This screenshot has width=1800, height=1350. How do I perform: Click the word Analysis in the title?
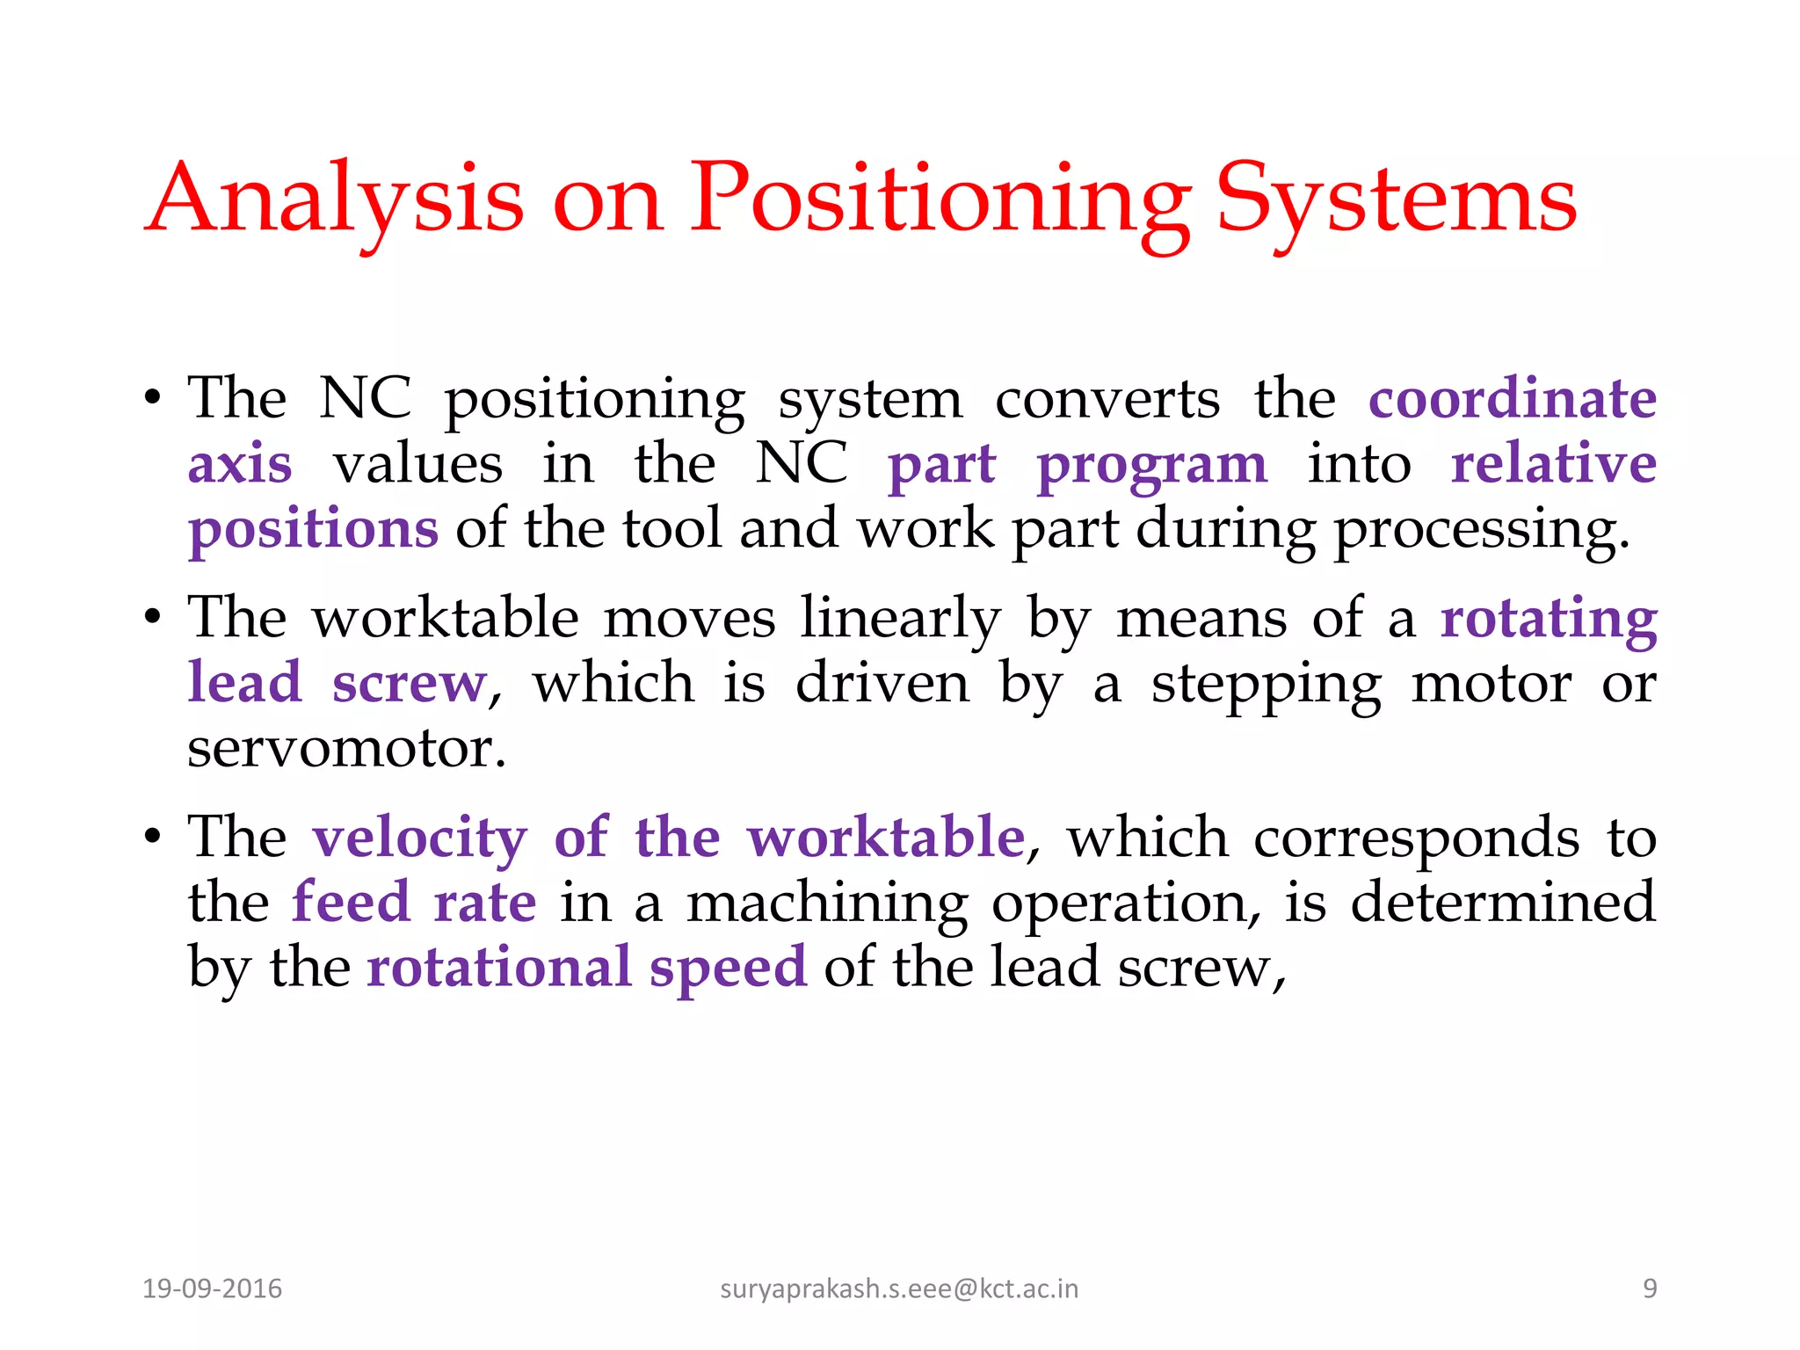click(335, 200)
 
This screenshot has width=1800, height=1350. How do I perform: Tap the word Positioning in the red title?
click(939, 200)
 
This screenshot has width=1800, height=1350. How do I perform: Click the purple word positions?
click(313, 529)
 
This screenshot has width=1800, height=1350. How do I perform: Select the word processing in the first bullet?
click(1481, 531)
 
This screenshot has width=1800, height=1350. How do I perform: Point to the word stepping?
click(1266, 685)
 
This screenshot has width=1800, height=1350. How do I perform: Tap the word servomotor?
click(346, 749)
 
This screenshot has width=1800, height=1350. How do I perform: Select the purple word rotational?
click(499, 967)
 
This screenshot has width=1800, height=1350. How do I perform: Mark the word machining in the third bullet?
click(827, 904)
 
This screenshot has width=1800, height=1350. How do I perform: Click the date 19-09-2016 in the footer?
click(212, 1288)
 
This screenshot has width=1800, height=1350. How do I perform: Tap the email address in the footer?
click(898, 1288)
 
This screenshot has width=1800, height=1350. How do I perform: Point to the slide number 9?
click(1650, 1288)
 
